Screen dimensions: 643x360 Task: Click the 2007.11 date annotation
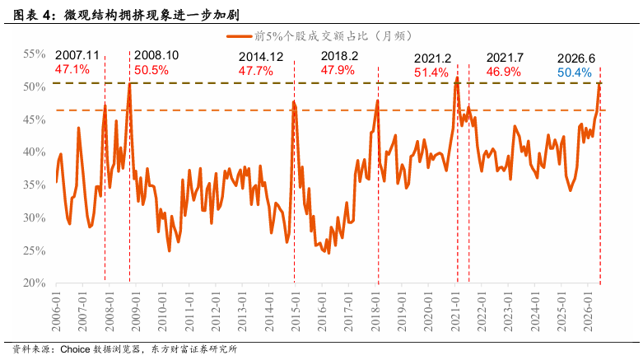77,55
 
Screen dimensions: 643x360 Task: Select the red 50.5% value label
151,70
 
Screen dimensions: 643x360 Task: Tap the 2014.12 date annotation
261,57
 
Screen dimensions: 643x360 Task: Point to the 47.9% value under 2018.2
338,70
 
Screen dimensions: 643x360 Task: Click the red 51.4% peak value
431,72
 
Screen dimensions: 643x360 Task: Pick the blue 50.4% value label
574,72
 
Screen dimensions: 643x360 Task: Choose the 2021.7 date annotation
505,58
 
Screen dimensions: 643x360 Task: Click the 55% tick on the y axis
34,54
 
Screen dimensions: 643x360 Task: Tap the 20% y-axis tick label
34,283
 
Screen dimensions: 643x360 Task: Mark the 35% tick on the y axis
34,185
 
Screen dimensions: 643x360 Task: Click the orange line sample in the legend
239,36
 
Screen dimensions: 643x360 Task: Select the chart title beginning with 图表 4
126,15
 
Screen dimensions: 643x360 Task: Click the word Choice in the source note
75,349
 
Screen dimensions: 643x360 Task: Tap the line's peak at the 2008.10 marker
129,84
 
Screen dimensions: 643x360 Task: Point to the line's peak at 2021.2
457,77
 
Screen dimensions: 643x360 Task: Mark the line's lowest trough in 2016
328,253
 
